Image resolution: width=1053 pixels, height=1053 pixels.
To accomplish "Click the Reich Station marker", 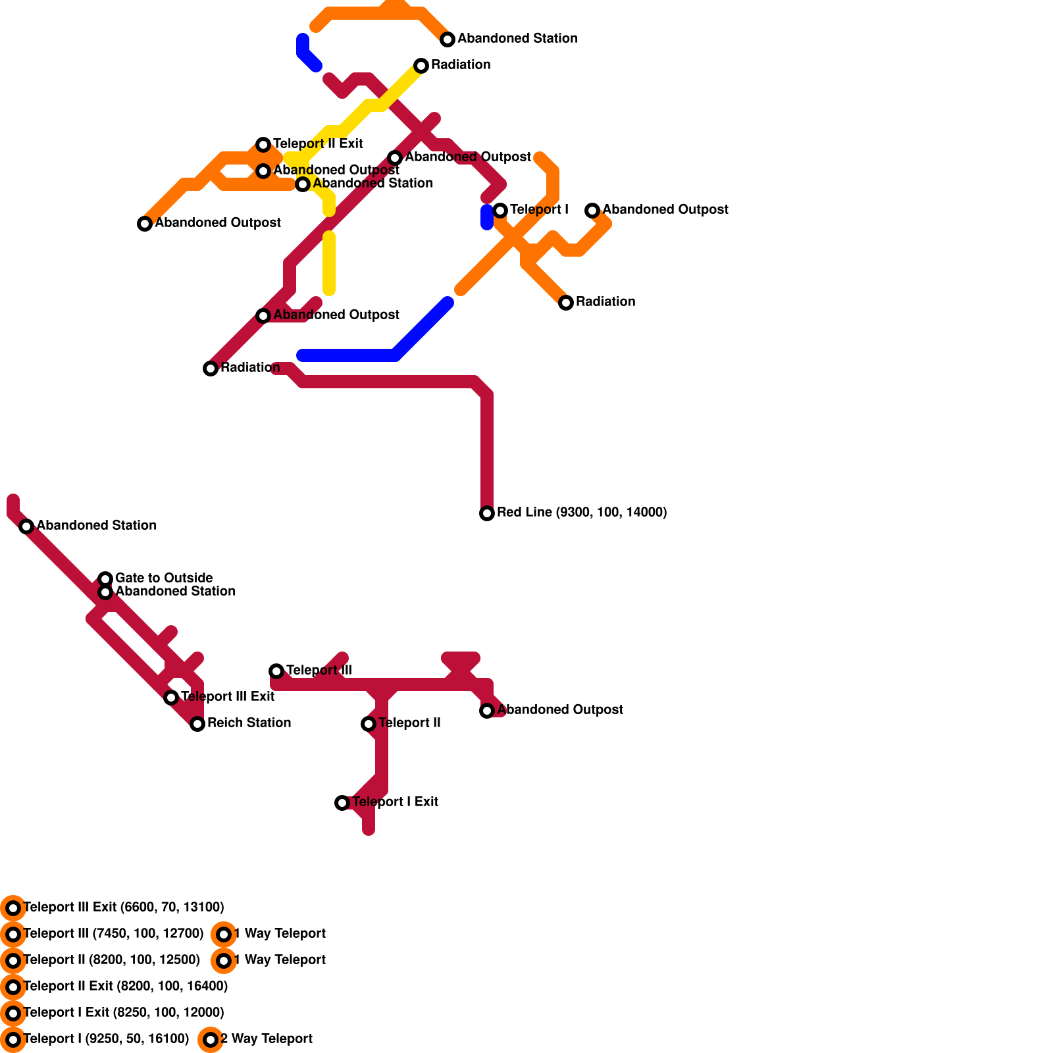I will (x=197, y=724).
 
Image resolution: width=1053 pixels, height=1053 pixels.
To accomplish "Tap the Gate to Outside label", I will (x=164, y=578).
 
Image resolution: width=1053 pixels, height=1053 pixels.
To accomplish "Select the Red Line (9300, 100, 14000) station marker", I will (x=487, y=513).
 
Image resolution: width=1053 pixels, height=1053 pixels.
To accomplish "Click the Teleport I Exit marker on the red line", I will (x=342, y=803).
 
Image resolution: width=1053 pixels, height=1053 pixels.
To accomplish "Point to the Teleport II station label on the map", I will (x=409, y=723).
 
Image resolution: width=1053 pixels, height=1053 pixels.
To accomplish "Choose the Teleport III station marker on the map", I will (x=276, y=671).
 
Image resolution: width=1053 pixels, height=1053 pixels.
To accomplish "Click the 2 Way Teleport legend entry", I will (x=266, y=1039).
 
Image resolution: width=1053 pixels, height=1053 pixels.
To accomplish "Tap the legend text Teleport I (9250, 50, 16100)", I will (x=106, y=1039).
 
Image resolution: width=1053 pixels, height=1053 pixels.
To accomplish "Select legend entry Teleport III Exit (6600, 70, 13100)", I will (x=124, y=907).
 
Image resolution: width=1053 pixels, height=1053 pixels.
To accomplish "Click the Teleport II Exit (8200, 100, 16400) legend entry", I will (x=126, y=986).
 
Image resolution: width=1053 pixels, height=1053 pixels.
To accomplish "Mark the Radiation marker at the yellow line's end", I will (x=421, y=66).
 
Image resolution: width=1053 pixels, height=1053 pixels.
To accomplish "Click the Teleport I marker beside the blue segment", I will (x=500, y=211).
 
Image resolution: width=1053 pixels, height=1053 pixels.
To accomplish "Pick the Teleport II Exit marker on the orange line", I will (x=263, y=145).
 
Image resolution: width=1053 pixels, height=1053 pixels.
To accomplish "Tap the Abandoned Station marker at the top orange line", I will (x=448, y=39).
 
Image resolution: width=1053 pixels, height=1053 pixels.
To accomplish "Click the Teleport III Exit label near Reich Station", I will (x=228, y=696).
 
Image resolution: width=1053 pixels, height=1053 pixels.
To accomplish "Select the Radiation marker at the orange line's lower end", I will (x=566, y=303).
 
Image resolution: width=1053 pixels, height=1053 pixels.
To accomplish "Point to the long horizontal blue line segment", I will (x=349, y=356).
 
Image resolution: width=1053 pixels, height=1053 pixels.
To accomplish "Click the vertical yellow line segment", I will (x=329, y=263).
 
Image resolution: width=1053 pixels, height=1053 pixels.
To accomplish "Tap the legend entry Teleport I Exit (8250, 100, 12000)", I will (x=124, y=1012).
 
